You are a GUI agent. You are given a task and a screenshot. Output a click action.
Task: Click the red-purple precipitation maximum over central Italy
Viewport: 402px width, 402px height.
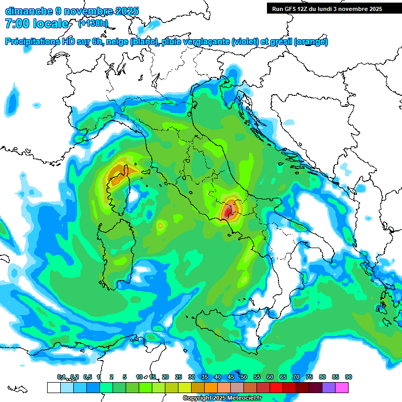point(228,212)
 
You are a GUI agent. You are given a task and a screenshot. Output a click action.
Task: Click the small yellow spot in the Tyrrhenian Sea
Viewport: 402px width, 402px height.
point(160,226)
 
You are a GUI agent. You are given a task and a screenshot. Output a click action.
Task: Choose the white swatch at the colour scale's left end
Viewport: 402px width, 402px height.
point(53,387)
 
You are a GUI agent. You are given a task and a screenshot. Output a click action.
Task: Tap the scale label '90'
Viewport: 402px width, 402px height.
point(349,377)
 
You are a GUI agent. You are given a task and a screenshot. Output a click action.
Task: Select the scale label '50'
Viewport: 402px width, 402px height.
point(244,377)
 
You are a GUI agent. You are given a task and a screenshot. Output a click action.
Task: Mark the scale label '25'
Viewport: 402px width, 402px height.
point(178,377)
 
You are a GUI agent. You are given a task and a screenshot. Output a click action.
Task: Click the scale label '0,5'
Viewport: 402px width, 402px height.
point(87,377)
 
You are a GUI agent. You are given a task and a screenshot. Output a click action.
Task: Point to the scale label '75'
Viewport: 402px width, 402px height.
point(309,377)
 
